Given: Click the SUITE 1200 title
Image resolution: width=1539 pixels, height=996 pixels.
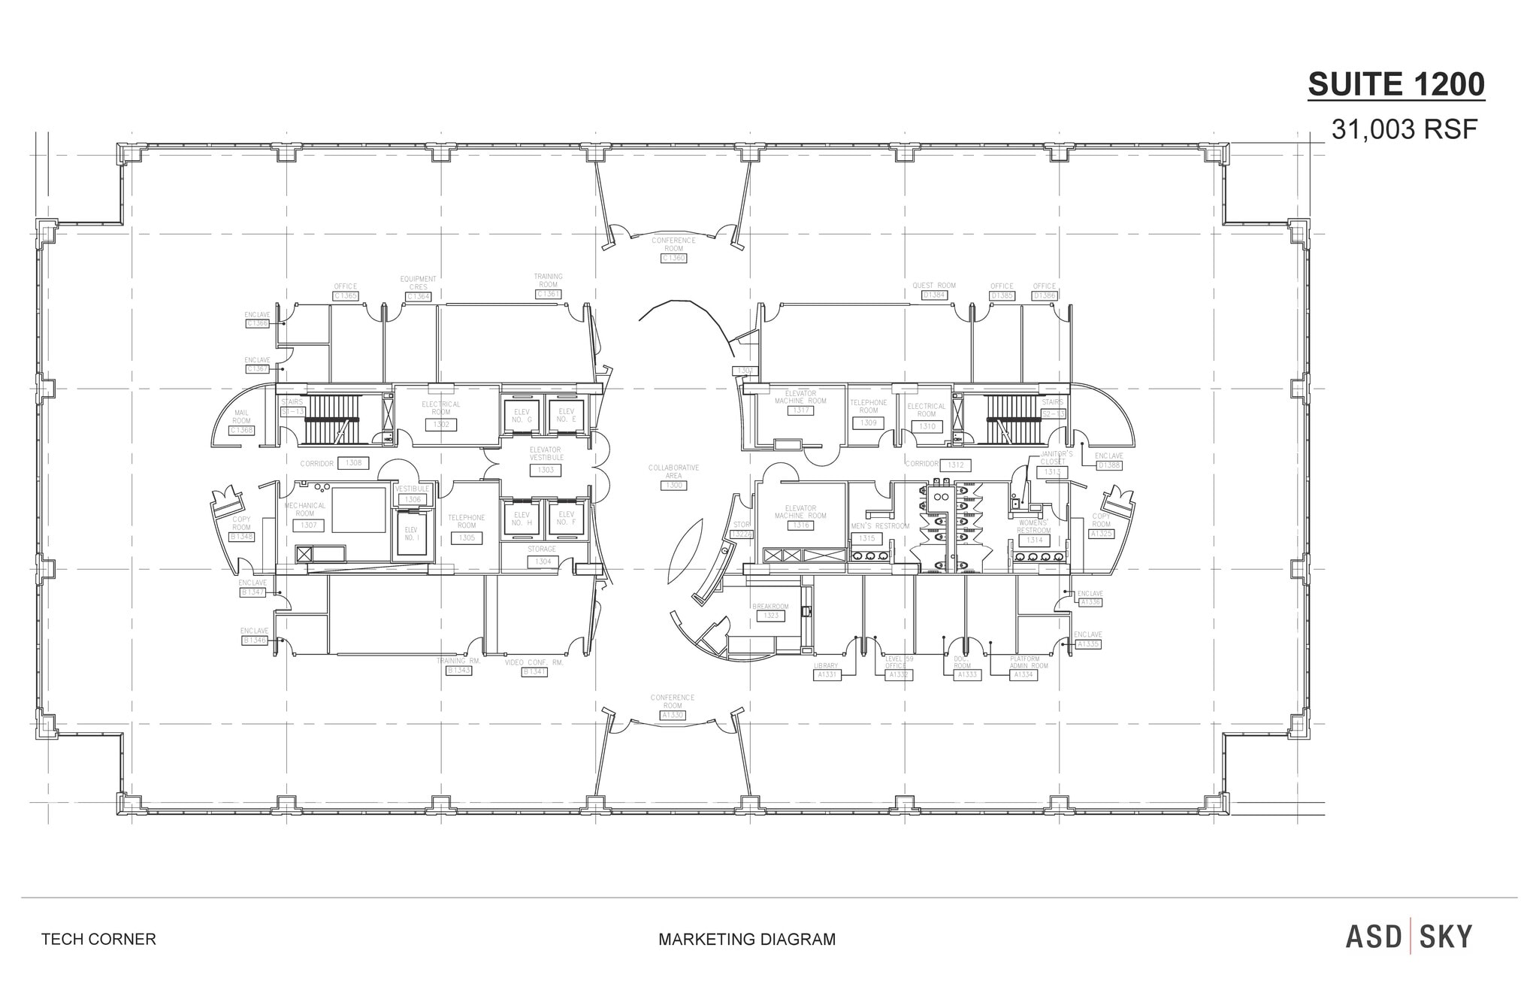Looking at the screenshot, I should pos(1396,84).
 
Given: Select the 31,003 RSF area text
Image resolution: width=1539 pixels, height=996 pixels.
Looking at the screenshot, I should pos(1404,130).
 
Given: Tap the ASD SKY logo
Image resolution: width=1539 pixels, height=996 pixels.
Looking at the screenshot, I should pos(1408,937).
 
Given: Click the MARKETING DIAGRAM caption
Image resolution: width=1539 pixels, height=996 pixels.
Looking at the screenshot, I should pos(746,939).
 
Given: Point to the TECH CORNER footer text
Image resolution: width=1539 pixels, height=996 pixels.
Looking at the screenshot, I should pos(98,939).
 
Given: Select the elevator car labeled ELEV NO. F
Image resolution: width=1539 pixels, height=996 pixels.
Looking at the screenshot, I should pos(566,518).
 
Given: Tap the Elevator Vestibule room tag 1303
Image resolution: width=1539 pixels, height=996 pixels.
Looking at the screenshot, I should pos(546,470).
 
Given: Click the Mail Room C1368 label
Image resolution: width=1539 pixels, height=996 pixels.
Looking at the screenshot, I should pos(242,430).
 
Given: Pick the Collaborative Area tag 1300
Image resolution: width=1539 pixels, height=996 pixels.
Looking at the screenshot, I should pos(673,486).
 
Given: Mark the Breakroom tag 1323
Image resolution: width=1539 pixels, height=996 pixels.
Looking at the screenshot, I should pos(770,616).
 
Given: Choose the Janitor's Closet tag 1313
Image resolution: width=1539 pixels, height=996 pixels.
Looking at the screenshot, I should pos(1051,472).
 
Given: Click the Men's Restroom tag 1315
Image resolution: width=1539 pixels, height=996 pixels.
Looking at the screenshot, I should pos(866,538).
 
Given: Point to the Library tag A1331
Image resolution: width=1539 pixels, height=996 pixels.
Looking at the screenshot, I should pos(826,675).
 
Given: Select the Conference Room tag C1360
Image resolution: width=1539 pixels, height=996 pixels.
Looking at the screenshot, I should pos(673,258).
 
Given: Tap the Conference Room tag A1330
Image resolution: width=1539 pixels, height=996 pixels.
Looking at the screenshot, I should pos(673,715).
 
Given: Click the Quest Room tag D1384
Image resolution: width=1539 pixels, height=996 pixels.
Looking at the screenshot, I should pos(934,295).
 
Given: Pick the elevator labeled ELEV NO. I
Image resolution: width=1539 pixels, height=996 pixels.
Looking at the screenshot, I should pos(411,534).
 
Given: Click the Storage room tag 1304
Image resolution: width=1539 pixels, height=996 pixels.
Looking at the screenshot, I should pos(542,562).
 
